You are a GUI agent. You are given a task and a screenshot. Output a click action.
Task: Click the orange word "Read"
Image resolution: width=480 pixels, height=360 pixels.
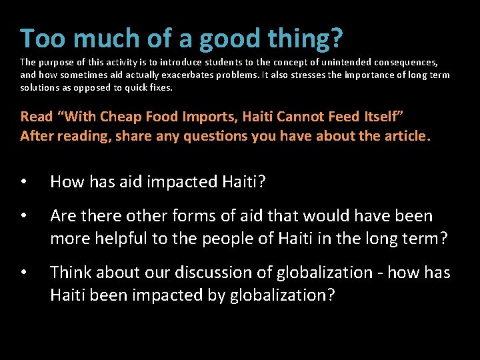click(37, 117)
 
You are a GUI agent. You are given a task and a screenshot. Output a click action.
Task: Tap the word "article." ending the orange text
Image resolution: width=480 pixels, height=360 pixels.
click(409, 136)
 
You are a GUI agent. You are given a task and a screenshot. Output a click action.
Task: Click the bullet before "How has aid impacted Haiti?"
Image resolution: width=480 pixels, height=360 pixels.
click(24, 182)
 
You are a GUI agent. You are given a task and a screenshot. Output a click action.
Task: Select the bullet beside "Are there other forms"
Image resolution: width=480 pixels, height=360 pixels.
click(24, 216)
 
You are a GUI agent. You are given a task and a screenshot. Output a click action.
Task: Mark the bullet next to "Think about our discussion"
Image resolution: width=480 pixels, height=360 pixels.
click(24, 273)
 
